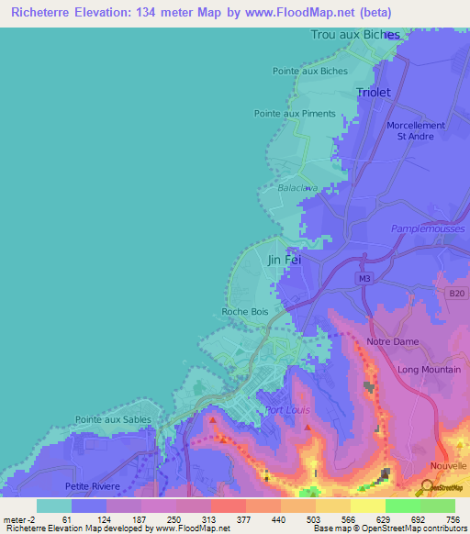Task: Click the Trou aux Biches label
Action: [355, 35]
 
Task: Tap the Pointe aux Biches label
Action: [309, 71]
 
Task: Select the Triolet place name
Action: [373, 93]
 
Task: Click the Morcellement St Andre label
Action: [415, 130]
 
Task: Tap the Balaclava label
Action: [297, 187]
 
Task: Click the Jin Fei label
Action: [284, 260]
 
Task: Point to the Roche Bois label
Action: [244, 312]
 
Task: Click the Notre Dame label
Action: [392, 341]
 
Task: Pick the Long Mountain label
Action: [428, 369]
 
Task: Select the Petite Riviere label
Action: [93, 485]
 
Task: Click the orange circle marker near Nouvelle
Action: [428, 485]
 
